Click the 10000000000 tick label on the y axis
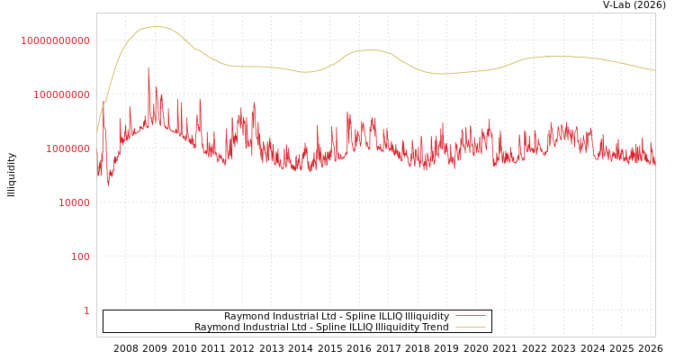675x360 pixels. (x=56, y=40)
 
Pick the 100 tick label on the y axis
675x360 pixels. (x=80, y=256)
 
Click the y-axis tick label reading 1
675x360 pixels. (x=86, y=310)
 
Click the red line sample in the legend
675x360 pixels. (x=471, y=316)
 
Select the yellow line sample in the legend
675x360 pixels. (x=471, y=327)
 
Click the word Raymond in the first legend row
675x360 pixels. (x=245, y=316)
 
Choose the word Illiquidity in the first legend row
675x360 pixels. (x=427, y=316)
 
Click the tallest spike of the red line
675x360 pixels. (x=148, y=67)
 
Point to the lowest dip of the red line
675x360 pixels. (x=109, y=185)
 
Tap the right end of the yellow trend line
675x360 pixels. (x=654, y=70)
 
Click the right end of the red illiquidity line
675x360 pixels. (x=654, y=164)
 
